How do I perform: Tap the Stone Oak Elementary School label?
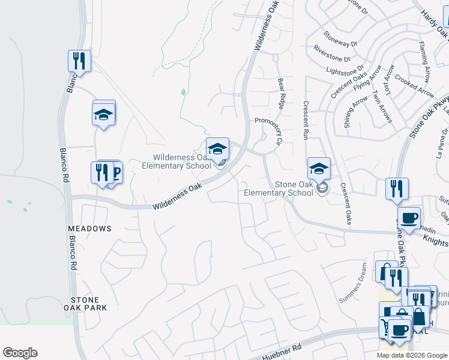coord(279,188)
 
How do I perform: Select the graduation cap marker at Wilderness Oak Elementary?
coord(217,149)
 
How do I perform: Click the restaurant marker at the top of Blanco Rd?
coord(79,61)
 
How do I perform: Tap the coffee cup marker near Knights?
coord(409,218)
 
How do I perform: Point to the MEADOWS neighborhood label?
coord(89,229)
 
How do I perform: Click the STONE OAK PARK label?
coord(89,303)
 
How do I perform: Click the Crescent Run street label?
coord(306,120)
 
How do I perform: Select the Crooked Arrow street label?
coord(415,86)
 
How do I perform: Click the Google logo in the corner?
coord(20,353)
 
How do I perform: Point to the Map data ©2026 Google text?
coord(412,355)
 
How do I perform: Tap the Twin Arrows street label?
coord(382,107)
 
